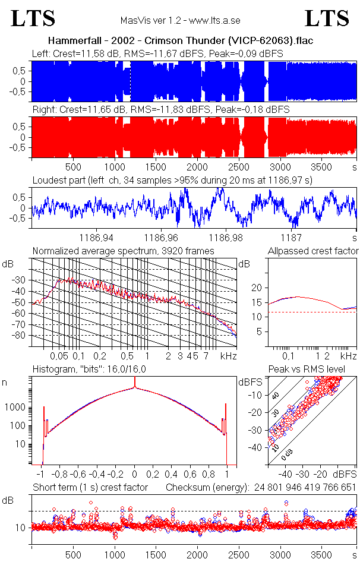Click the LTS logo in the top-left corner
point(33,18)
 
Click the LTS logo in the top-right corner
point(327,18)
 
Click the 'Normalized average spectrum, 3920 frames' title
point(123,251)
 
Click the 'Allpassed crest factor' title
point(313,251)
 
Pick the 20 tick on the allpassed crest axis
point(257,288)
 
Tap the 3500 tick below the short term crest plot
point(321,551)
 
